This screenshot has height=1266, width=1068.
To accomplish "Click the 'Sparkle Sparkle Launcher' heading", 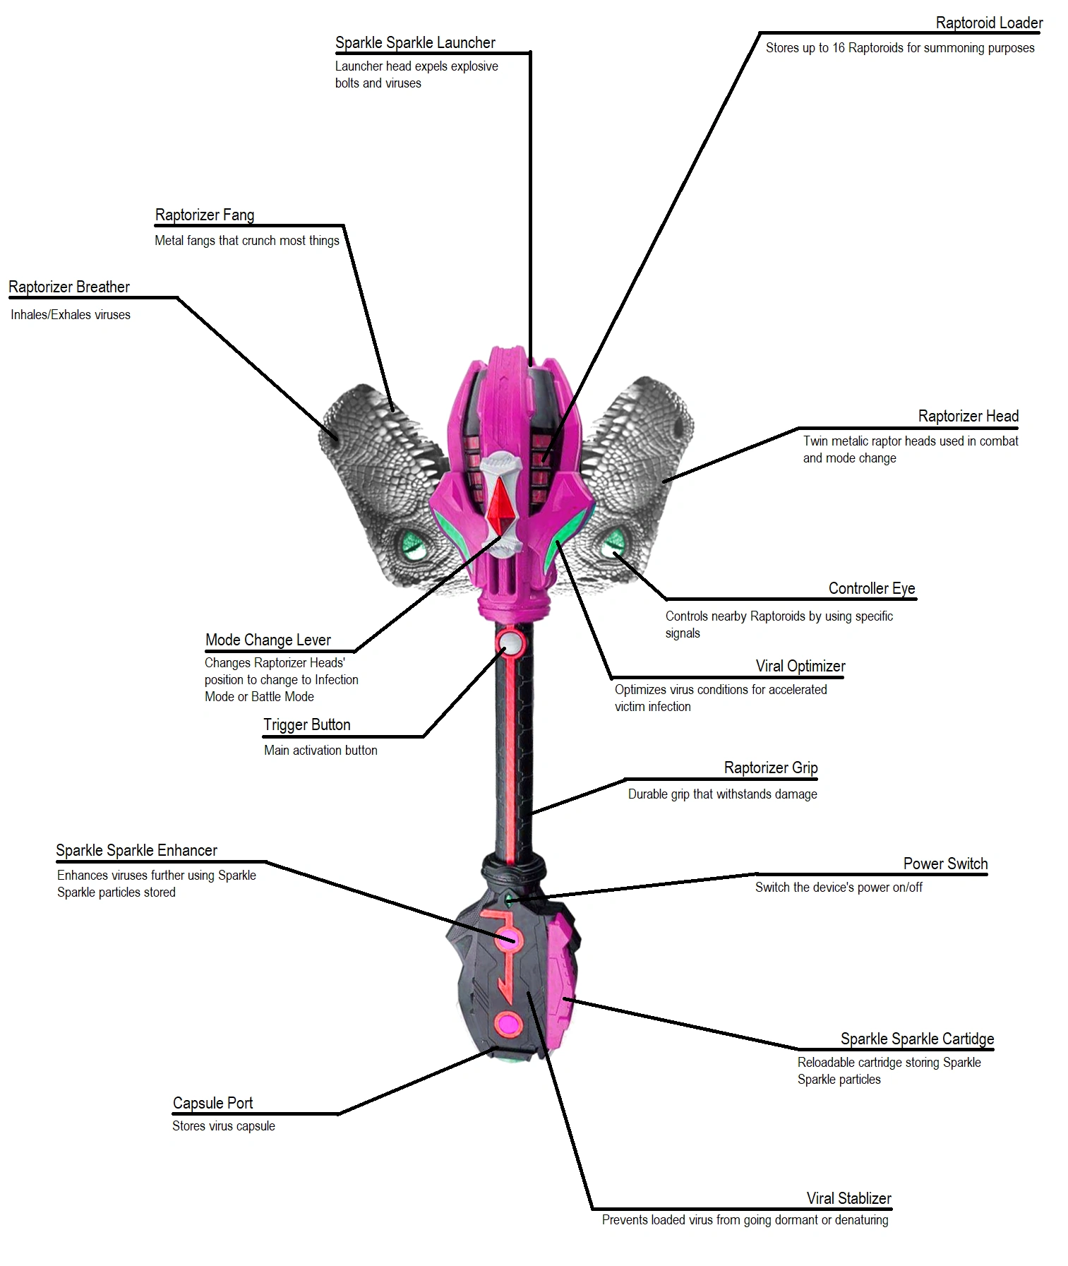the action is click(415, 42).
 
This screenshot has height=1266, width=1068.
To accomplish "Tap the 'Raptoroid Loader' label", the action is click(989, 23).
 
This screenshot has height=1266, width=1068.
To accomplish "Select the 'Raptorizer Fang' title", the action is click(205, 215).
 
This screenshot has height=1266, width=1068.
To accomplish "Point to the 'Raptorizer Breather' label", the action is click(69, 287).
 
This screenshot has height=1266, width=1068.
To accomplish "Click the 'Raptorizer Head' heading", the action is click(968, 416).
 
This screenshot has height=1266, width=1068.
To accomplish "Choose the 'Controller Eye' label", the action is click(872, 589).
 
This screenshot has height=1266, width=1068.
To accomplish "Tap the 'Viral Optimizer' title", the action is click(800, 666).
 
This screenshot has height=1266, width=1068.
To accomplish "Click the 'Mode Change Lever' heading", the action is click(268, 640).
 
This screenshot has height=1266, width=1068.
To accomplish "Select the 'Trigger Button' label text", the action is click(307, 724).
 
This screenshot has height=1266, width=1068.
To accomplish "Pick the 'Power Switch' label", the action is click(945, 864).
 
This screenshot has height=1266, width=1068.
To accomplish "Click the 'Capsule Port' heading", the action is click(212, 1103).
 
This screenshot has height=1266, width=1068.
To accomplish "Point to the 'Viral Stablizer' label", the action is click(849, 1198).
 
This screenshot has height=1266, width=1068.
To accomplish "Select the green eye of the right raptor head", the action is click(611, 544).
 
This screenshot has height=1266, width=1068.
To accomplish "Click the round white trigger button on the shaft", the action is click(510, 643).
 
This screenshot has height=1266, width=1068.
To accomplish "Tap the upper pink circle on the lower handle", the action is click(508, 939).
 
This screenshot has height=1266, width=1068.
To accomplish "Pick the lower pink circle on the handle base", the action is click(508, 1022).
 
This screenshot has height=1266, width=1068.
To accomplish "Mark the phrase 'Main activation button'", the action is click(320, 751).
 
